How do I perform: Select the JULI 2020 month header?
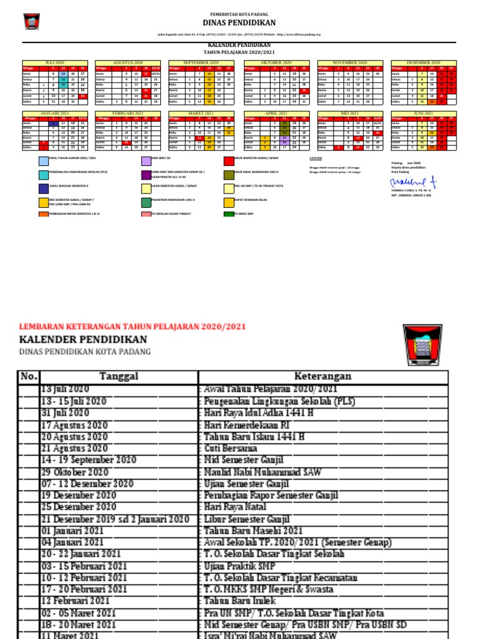point(55,63)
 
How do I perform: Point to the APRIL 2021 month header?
point(276,112)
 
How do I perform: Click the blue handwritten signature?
point(415,181)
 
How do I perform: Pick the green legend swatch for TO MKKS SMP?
point(229,214)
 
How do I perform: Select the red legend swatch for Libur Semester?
point(229,160)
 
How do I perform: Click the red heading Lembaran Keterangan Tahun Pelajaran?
point(133,326)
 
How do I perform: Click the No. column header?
point(29,376)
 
